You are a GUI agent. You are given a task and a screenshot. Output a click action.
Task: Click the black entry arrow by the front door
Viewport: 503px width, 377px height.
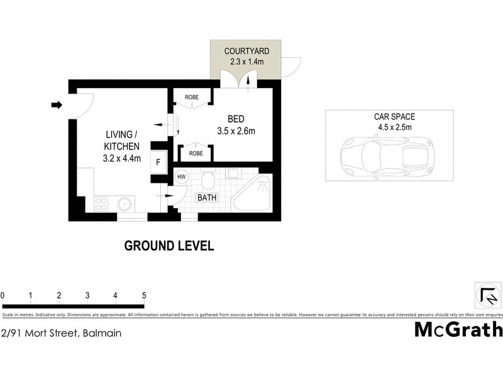pyautogui.click(x=56, y=105)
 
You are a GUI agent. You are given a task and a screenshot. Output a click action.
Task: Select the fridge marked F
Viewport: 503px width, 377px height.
pyautogui.click(x=158, y=162)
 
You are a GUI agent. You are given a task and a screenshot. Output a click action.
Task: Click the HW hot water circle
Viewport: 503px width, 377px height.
pyautogui.click(x=181, y=177)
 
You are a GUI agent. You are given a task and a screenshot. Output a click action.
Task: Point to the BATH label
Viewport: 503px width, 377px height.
pyautogui.click(x=207, y=197)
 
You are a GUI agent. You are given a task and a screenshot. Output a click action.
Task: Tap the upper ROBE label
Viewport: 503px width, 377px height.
pyautogui.click(x=192, y=97)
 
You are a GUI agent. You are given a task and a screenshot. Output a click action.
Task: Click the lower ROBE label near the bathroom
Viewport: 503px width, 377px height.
pyautogui.click(x=196, y=153)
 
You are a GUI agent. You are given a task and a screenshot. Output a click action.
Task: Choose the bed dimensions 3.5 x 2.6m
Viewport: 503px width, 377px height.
pyautogui.click(x=236, y=131)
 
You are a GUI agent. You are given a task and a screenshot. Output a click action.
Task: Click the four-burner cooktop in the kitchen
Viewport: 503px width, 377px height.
pyautogui.click(x=101, y=204)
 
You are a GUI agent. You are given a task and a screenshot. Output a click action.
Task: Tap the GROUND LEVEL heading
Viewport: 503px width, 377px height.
pyautogui.click(x=169, y=246)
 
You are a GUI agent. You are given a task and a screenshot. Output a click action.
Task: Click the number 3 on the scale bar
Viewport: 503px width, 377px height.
pyautogui.click(x=87, y=295)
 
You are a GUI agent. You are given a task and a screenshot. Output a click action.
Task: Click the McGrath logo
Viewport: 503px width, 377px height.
pyautogui.click(x=458, y=329)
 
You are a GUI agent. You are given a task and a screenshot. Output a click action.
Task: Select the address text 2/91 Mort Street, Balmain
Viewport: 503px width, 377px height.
pyautogui.click(x=61, y=334)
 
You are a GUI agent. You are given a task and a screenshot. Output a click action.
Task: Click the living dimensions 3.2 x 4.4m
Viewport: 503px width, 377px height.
pyautogui.click(x=121, y=158)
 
